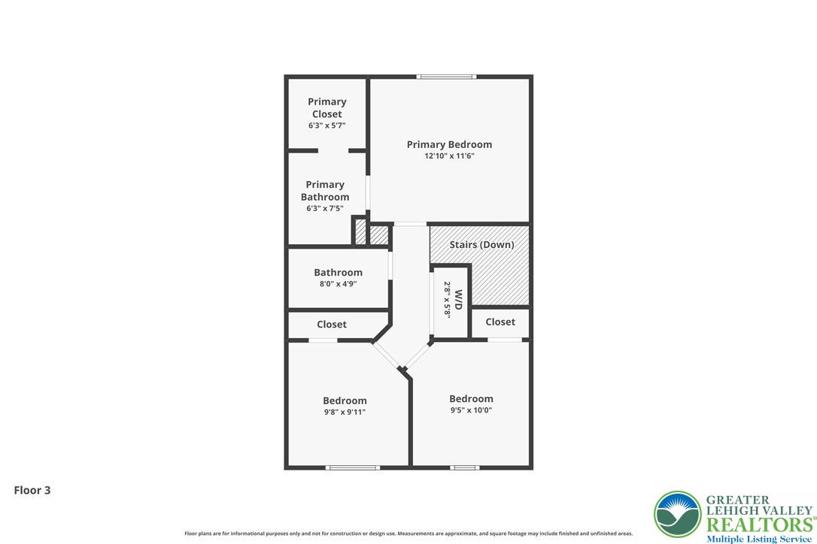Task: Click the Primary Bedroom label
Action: point(449,144)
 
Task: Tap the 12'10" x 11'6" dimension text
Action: point(449,156)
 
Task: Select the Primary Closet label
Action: point(327,107)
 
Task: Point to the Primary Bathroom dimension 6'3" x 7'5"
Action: point(325,208)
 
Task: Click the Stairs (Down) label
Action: point(481,244)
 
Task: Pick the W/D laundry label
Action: point(457,289)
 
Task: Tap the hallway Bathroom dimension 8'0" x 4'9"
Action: point(338,284)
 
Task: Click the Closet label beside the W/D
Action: point(500,322)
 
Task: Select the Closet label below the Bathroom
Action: point(332,324)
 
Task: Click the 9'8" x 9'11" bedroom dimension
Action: point(345,412)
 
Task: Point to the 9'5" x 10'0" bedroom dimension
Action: point(471,410)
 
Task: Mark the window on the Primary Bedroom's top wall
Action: point(447,77)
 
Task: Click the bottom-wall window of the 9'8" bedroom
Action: point(352,467)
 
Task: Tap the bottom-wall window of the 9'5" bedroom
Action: point(464,467)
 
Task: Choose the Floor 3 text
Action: point(32,490)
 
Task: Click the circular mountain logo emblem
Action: point(678,515)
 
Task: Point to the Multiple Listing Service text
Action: point(758,539)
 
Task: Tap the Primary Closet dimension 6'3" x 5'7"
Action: point(327,125)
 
